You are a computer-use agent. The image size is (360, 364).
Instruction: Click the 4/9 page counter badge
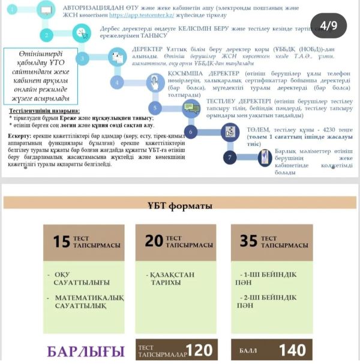click(x=328, y=25)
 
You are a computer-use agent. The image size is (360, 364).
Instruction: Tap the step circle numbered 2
click(x=47, y=35)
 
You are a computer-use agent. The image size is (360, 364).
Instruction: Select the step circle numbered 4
click(x=118, y=83)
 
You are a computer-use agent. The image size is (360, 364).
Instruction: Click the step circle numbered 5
click(x=155, y=108)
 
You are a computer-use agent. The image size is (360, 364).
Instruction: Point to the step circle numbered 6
click(x=191, y=132)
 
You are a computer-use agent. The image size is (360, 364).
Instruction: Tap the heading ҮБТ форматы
click(x=180, y=207)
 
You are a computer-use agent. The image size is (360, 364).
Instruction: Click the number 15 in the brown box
click(x=62, y=241)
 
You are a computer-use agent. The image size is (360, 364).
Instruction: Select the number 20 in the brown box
click(x=154, y=241)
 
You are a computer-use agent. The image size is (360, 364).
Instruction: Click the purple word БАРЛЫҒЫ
click(x=86, y=352)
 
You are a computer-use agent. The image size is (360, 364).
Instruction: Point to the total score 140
click(x=292, y=351)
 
